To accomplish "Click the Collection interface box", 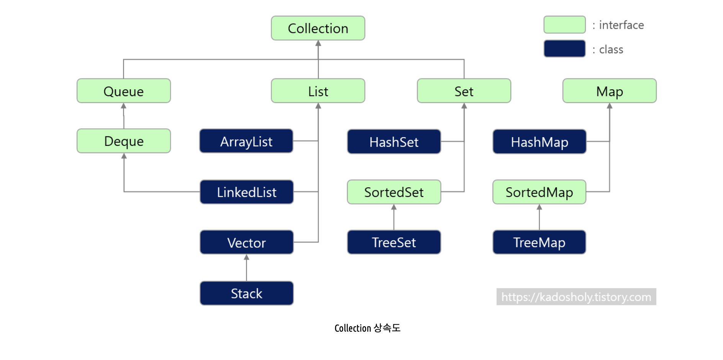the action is pyautogui.click(x=318, y=28).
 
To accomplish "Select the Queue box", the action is pyautogui.click(x=123, y=91).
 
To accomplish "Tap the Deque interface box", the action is pyautogui.click(x=123, y=141).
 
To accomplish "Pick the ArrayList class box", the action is pyautogui.click(x=246, y=141).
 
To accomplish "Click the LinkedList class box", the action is pyautogui.click(x=246, y=192).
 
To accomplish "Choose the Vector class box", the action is pyautogui.click(x=246, y=242).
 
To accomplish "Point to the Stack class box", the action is pyautogui.click(x=246, y=293).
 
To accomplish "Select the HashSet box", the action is pyautogui.click(x=394, y=142).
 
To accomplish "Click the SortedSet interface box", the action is pyautogui.click(x=394, y=192).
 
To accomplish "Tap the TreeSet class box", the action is pyautogui.click(x=394, y=242).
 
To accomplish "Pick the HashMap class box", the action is pyautogui.click(x=539, y=142).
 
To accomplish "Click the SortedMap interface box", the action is pyautogui.click(x=539, y=192).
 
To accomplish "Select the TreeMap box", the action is pyautogui.click(x=539, y=242).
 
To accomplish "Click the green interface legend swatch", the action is pyautogui.click(x=564, y=25).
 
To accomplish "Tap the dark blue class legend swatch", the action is pyautogui.click(x=564, y=49).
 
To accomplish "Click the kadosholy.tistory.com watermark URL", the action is pyautogui.click(x=576, y=297).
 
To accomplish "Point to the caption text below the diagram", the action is pyautogui.click(x=367, y=328).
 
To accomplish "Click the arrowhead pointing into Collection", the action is pyautogui.click(x=318, y=43).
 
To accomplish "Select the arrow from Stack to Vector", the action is pyautogui.click(x=246, y=268).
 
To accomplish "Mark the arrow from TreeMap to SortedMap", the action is pyautogui.click(x=539, y=217).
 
